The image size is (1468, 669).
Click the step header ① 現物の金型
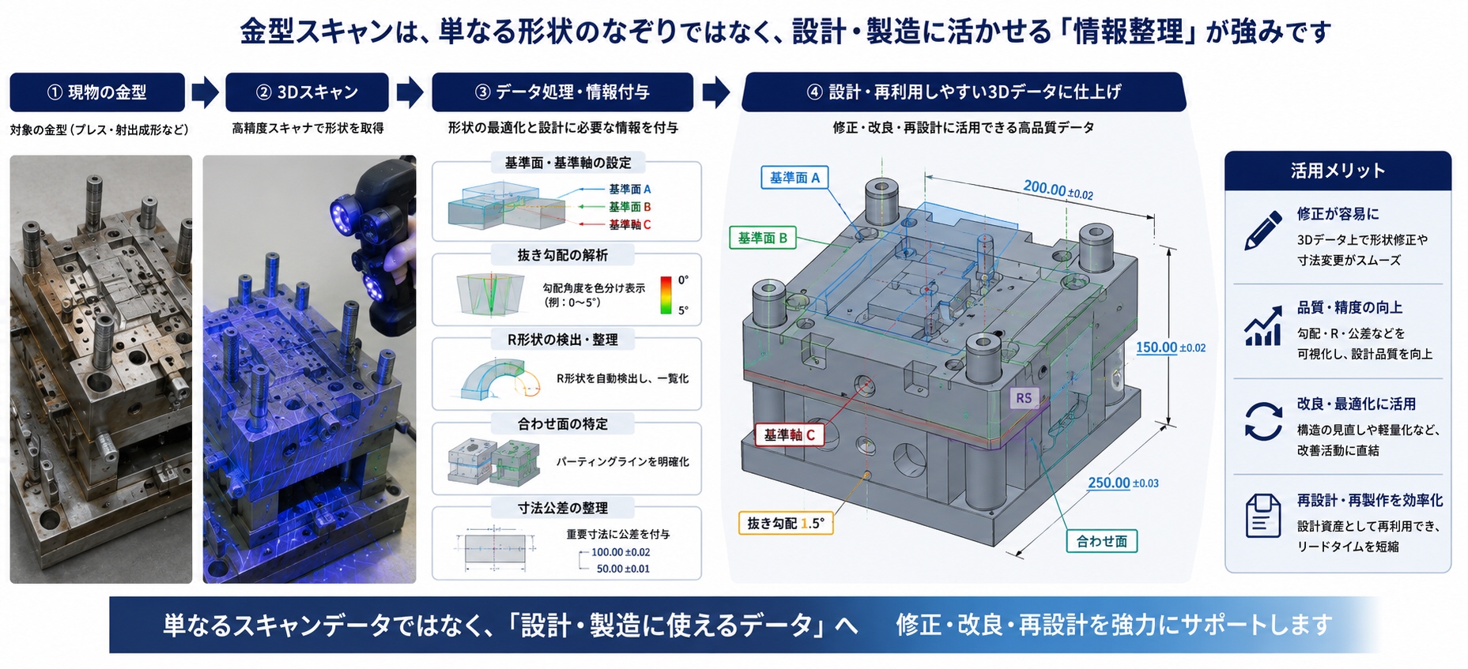pyautogui.click(x=97, y=92)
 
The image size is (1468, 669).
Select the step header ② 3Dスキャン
pyautogui.click(x=307, y=92)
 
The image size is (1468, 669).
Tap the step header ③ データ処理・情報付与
pyautogui.click(x=562, y=92)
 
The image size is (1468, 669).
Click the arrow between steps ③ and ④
pyautogui.click(x=716, y=92)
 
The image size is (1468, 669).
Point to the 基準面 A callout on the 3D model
pyautogui.click(x=794, y=178)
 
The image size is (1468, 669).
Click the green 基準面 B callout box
pyautogui.click(x=762, y=238)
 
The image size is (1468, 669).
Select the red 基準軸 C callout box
pyautogui.click(x=788, y=434)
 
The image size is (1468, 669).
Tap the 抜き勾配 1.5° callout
pyautogui.click(x=785, y=523)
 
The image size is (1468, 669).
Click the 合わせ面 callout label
pyautogui.click(x=1101, y=541)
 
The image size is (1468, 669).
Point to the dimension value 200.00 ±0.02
pyautogui.click(x=1058, y=190)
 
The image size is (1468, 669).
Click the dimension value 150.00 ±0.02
pyautogui.click(x=1170, y=348)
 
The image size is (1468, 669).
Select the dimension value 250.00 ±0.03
pyautogui.click(x=1123, y=483)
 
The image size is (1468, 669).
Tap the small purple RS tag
pyautogui.click(x=1024, y=398)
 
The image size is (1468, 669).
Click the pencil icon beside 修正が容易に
pyautogui.click(x=1262, y=231)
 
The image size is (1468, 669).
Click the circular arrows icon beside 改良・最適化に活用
pyautogui.click(x=1263, y=421)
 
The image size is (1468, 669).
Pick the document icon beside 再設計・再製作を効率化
pyautogui.click(x=1262, y=516)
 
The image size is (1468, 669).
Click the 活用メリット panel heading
pyautogui.click(x=1338, y=171)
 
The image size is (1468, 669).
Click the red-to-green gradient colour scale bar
pyautogui.click(x=666, y=295)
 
